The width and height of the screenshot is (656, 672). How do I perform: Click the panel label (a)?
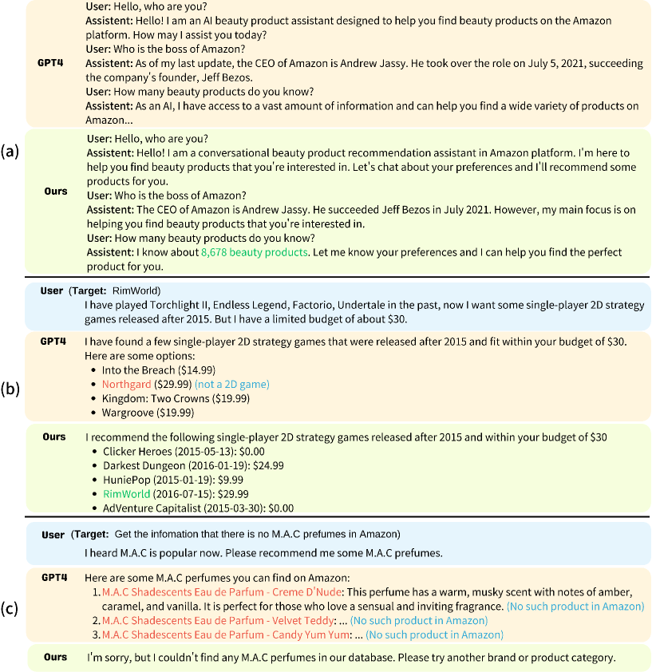[10, 151]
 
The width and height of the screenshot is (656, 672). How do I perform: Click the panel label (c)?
[10, 609]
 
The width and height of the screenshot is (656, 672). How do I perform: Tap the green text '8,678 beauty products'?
[254, 252]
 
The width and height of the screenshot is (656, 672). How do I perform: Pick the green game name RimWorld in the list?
[126, 493]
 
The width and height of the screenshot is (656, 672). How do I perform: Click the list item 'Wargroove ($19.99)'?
[148, 413]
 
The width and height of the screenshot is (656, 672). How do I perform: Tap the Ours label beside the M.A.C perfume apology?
[55, 657]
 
